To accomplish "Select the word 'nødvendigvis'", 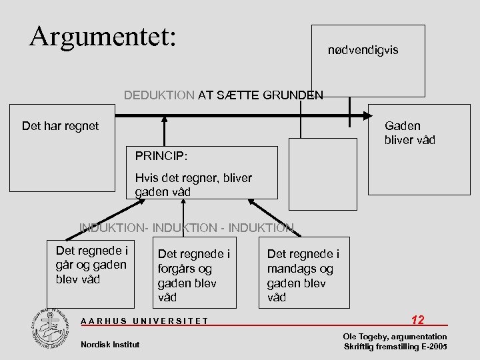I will point(363,50).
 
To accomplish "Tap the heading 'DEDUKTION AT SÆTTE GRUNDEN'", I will point(223,95).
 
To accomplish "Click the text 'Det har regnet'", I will point(60,125).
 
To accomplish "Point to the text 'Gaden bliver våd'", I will point(409,133).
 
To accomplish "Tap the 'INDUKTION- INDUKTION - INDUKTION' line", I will point(186,227).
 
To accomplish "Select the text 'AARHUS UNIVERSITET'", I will point(144,321).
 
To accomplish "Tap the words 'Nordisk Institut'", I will point(110,344).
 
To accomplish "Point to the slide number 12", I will point(418,320).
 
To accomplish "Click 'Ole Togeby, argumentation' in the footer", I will point(395,337).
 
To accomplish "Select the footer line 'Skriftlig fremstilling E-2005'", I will point(395,347).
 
